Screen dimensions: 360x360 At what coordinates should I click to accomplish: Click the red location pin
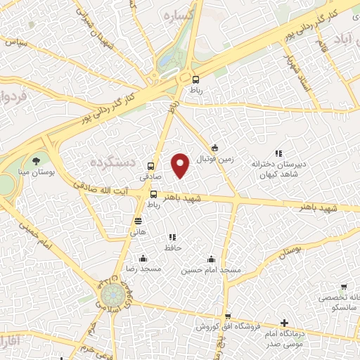click(181, 165)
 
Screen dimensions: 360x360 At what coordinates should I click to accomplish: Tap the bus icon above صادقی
click(150, 167)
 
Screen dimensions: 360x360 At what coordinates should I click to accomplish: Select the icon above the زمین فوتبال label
click(214, 148)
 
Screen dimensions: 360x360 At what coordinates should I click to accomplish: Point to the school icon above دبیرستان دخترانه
click(278, 153)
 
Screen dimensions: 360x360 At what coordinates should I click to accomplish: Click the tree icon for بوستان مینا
click(37, 161)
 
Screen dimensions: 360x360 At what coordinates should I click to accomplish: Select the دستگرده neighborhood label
click(112, 162)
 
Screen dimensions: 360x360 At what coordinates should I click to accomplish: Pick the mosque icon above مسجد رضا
click(143, 258)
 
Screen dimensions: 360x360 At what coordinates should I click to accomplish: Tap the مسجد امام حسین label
click(211, 270)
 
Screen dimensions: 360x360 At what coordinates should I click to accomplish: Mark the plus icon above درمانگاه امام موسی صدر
click(283, 324)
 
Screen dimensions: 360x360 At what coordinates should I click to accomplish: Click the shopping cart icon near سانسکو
click(343, 287)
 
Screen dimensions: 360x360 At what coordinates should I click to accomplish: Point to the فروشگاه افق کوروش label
click(228, 327)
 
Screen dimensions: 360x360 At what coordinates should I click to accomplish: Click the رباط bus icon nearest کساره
click(195, 79)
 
